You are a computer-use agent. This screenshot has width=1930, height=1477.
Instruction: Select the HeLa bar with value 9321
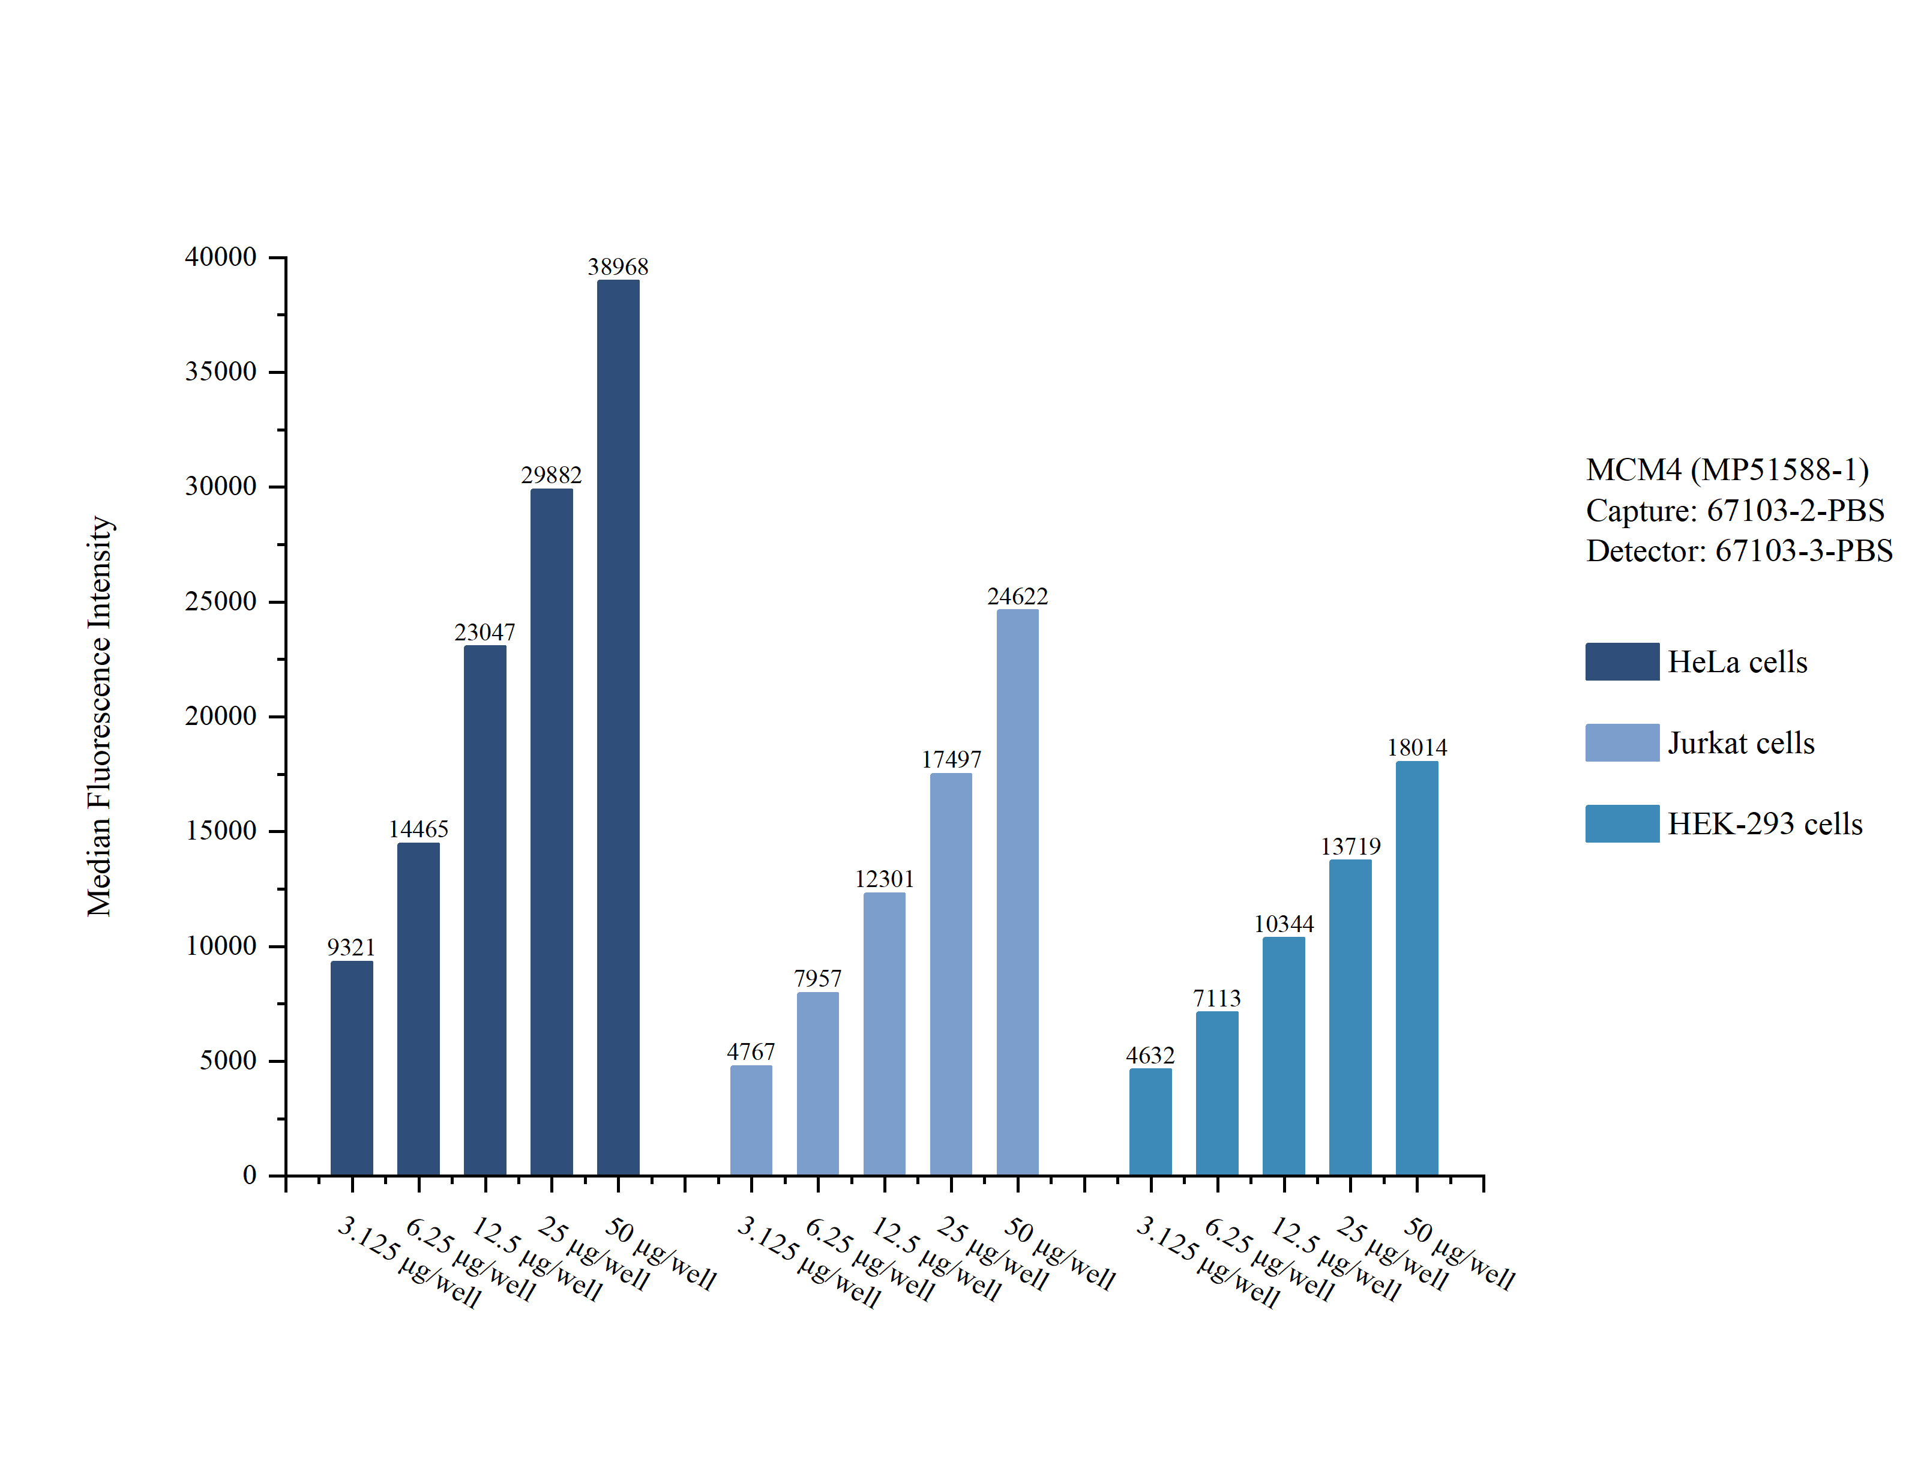[352, 1068]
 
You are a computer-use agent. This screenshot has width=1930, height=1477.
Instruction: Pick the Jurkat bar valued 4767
[751, 1120]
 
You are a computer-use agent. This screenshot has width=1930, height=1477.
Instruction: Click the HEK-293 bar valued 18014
[1417, 968]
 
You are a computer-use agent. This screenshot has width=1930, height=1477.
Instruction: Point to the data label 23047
[484, 632]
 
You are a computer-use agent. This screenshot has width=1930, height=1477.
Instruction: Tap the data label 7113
[1216, 998]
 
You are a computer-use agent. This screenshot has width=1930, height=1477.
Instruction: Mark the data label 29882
[551, 475]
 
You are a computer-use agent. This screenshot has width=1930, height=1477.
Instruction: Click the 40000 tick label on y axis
[221, 257]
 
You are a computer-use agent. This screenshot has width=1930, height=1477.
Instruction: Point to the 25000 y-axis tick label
[221, 601]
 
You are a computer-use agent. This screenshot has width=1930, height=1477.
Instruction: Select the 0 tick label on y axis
[250, 1176]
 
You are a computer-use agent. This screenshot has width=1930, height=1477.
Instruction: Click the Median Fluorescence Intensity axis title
[99, 715]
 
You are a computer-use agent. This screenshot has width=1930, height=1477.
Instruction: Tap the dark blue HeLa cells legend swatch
[1622, 661]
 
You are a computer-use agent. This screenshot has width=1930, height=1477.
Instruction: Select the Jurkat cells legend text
[1741, 743]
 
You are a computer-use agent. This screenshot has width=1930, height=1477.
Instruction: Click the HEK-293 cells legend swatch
[1622, 824]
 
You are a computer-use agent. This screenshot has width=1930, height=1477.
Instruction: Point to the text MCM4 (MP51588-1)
[1727, 469]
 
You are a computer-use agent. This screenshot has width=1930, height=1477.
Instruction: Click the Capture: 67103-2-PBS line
[1735, 510]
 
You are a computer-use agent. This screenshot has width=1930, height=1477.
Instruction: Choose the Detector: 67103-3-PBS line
[1739, 550]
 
